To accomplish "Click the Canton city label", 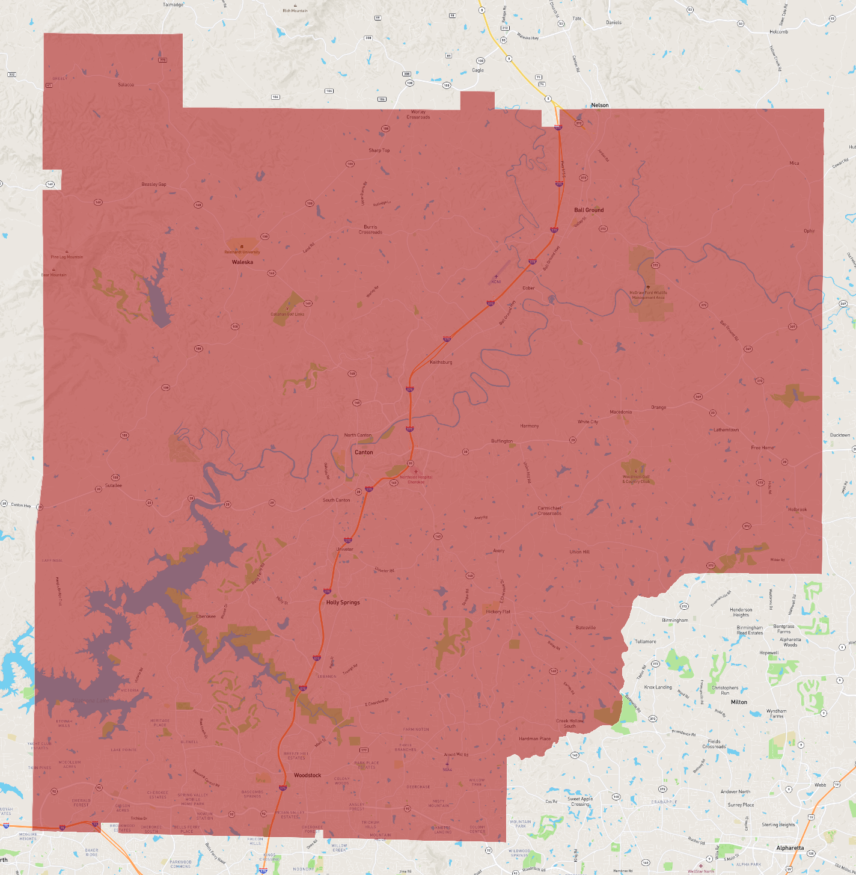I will pos(364,452).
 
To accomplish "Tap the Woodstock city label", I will pos(307,775).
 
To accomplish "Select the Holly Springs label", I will pos(343,602).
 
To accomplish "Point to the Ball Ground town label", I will pos(588,210).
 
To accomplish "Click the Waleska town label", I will pos(242,262).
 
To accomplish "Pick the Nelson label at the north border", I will pos(599,105).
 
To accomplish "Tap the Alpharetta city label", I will pos(790,848).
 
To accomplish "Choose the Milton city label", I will pos(739,702).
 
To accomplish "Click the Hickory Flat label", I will pos(498,612).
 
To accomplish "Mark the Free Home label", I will pos(762,447).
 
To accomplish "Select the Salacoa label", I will pos(126,85).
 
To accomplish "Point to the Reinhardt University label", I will pos(242,252).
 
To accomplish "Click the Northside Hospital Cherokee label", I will pos(416,479).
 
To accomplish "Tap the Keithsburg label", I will pos(441,362).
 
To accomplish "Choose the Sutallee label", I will pos(114,485).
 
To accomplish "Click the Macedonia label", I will pos(620,412).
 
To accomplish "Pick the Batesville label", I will pos(585,627).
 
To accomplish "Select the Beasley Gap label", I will pos(154,184).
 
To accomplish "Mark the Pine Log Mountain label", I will pos(67,257).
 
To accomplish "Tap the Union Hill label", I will pos(579,551).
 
